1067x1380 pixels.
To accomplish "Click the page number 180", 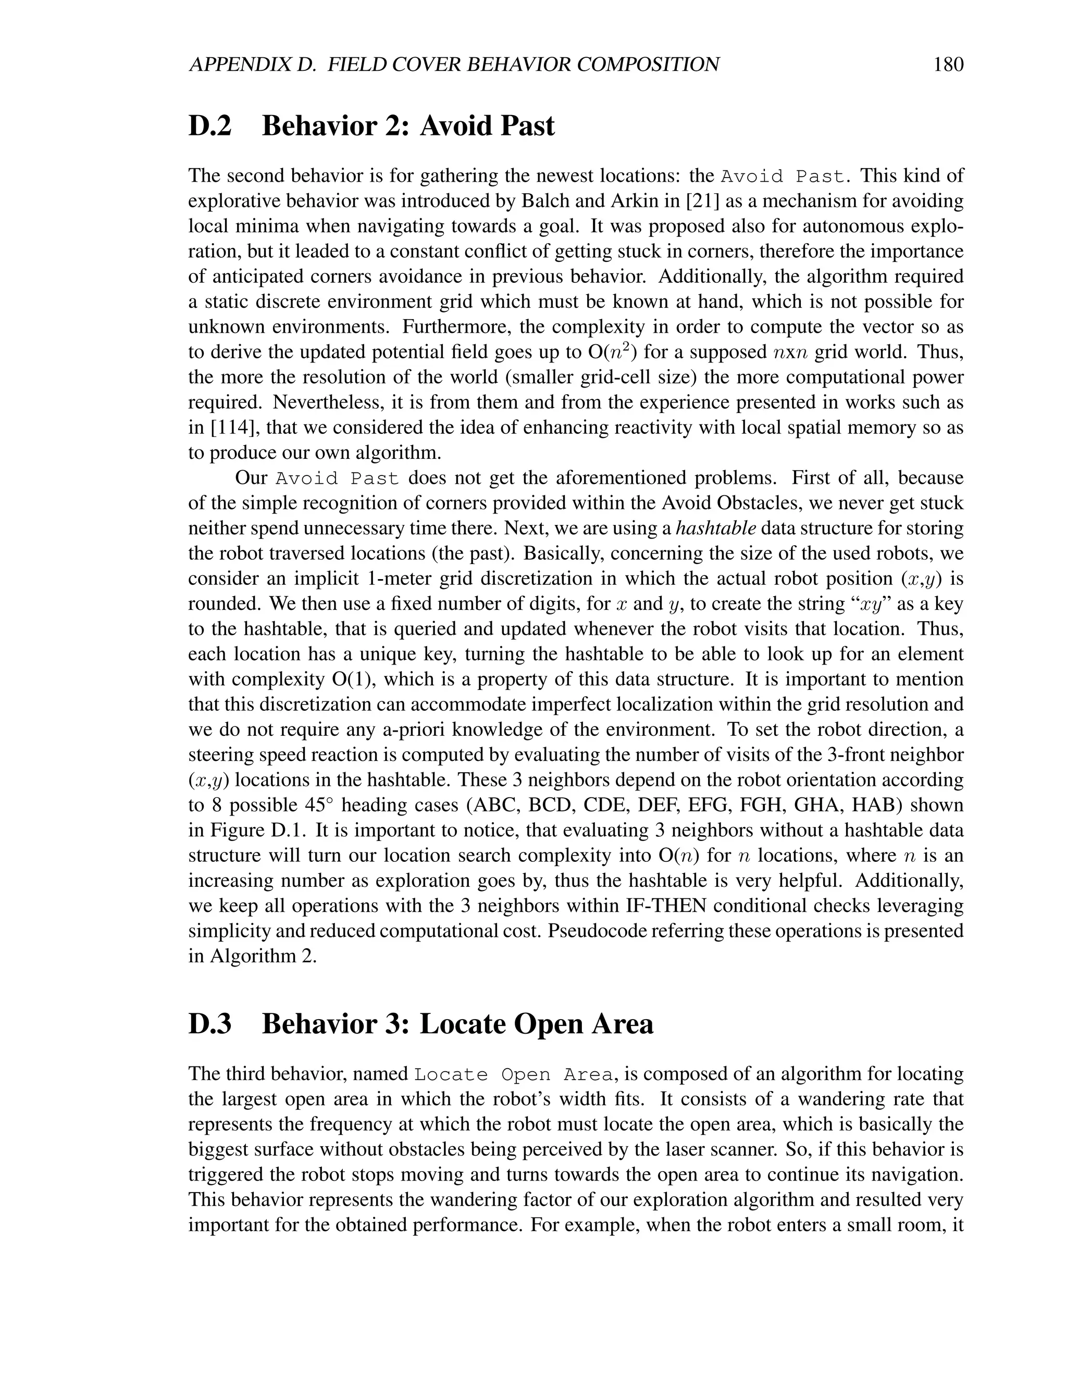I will tap(948, 64).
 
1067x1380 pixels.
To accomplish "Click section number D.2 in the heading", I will tap(210, 126).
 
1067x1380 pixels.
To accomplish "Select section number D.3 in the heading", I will tap(210, 1024).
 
